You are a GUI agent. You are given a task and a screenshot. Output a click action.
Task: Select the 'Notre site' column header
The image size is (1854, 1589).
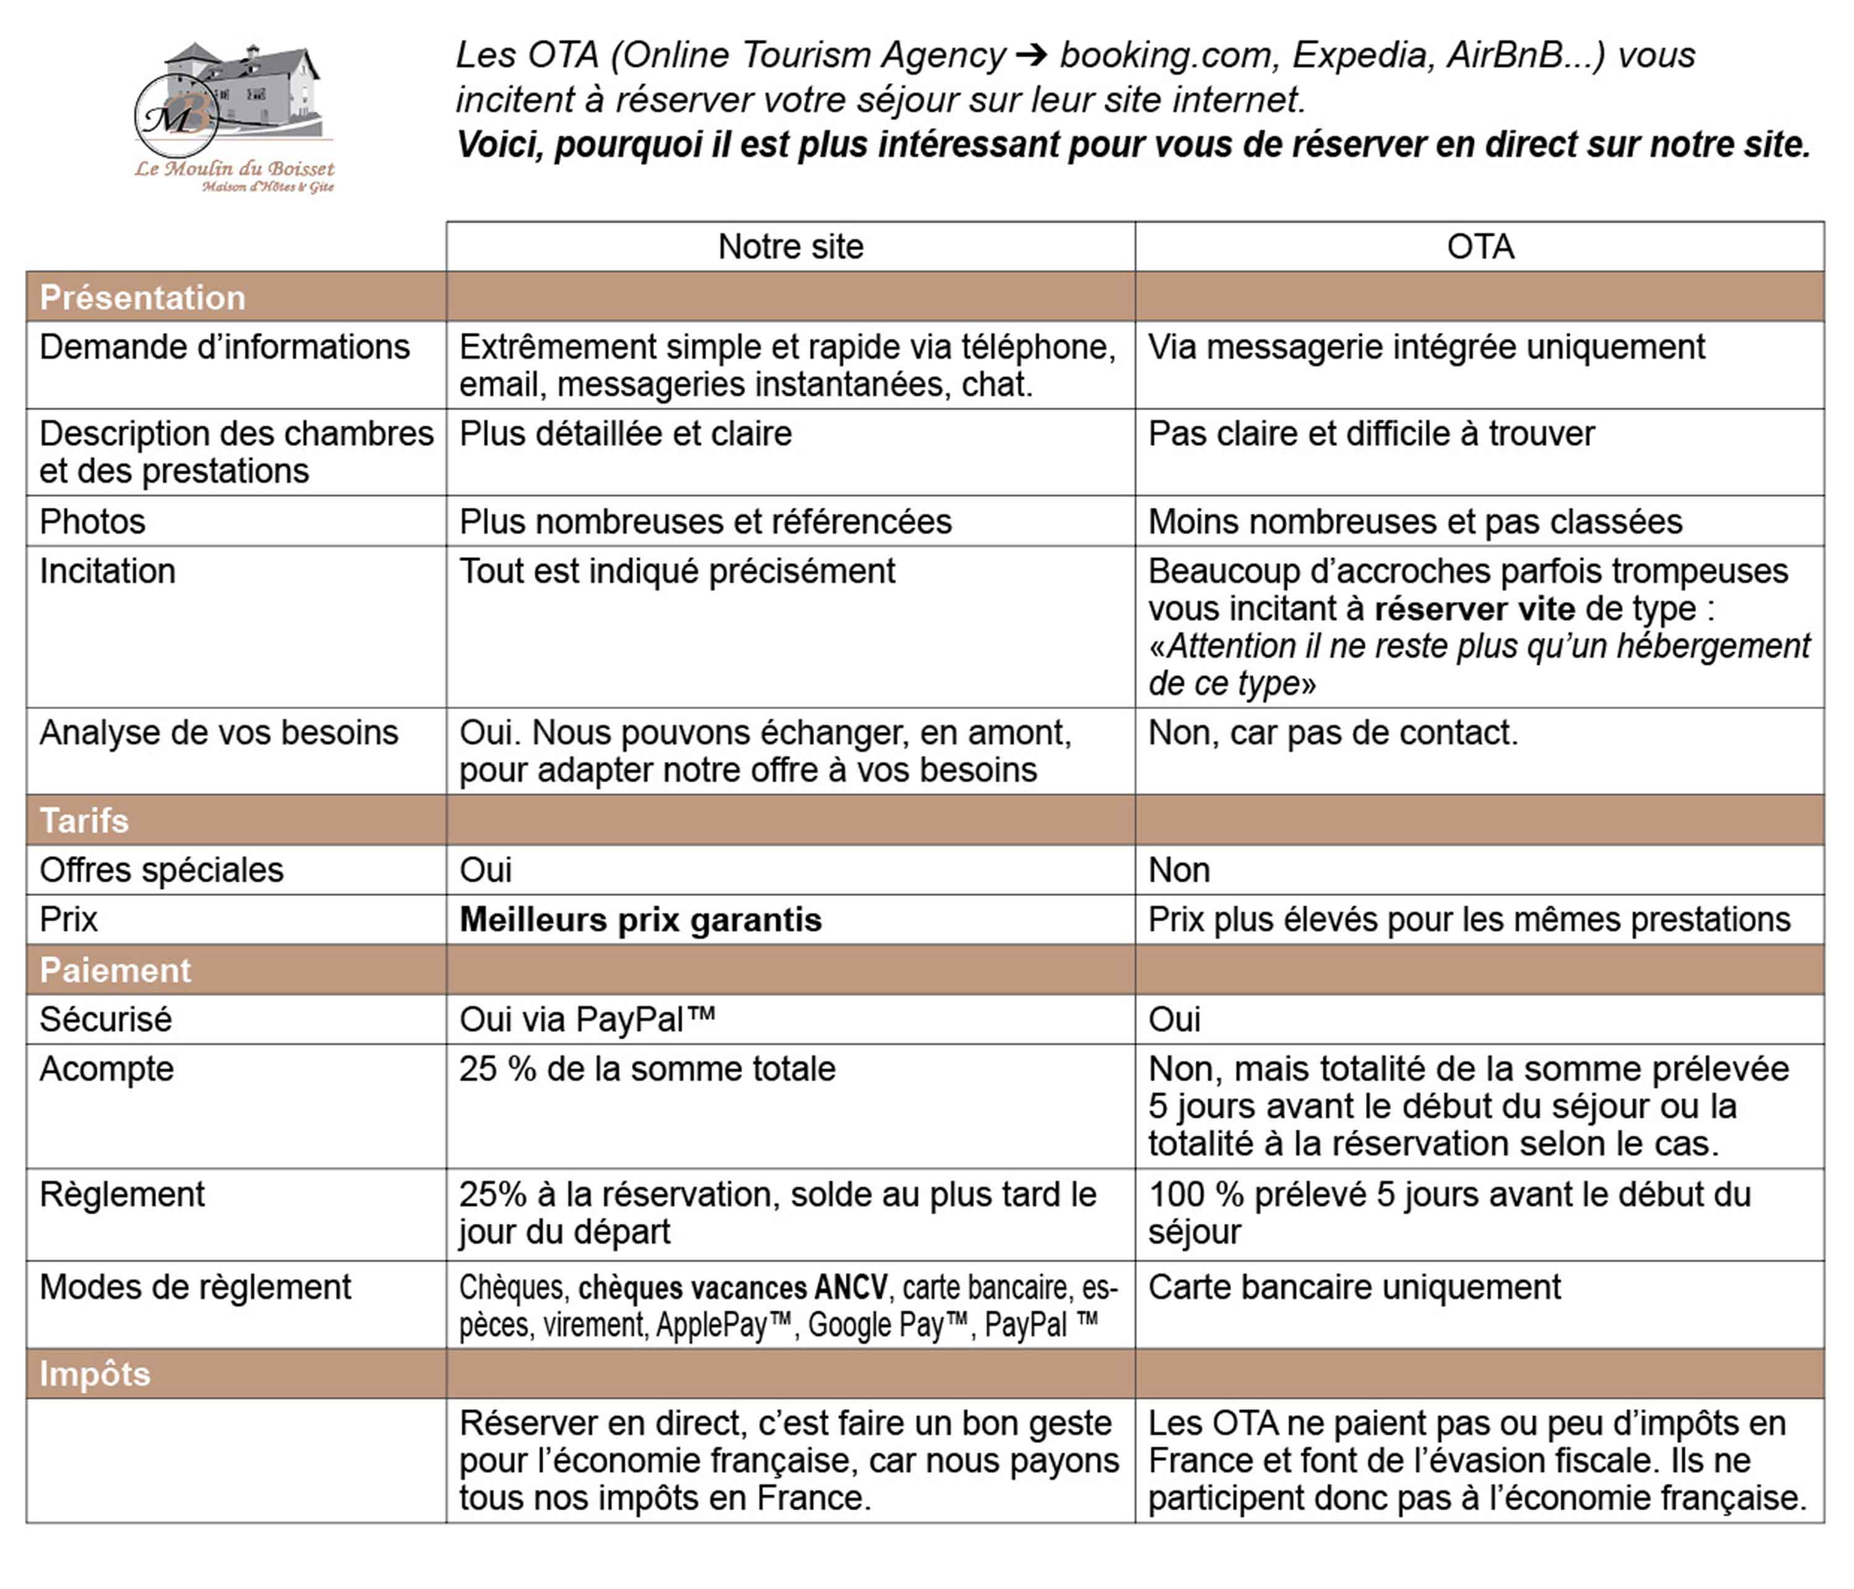pyautogui.click(x=790, y=247)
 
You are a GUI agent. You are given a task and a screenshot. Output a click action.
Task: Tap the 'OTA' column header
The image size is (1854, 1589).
pyautogui.click(x=1480, y=247)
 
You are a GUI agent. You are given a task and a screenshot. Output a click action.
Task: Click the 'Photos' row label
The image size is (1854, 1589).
pyautogui.click(x=92, y=522)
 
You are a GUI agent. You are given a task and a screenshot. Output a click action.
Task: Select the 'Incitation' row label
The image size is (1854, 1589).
pyautogui.click(x=108, y=572)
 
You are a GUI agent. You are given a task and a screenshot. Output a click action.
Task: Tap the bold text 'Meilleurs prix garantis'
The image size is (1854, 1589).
pyautogui.click(x=640, y=920)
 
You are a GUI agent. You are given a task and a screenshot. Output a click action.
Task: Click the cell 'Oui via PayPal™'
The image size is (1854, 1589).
pyautogui.click(x=587, y=1020)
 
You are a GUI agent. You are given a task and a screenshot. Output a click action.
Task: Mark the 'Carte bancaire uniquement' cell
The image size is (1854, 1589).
pyautogui.click(x=1354, y=1287)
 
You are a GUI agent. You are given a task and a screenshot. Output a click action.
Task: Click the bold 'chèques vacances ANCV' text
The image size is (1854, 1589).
pyautogui.click(x=733, y=1287)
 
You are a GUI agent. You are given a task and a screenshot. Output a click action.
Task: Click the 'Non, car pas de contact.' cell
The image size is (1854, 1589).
pyautogui.click(x=1333, y=733)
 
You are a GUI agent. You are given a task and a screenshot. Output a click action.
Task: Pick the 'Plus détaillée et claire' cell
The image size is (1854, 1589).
pyautogui.click(x=626, y=434)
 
